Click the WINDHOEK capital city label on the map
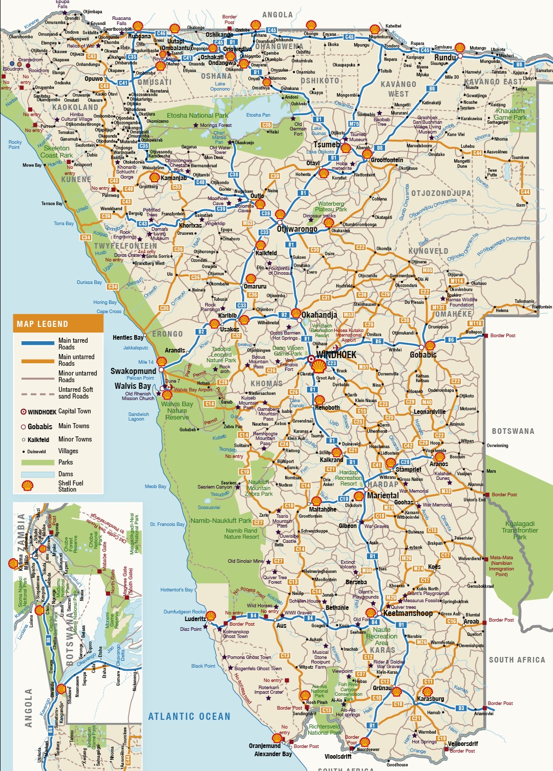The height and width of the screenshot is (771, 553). click(336, 355)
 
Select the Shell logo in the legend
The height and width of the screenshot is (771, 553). click(28, 486)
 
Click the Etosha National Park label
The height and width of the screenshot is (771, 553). click(198, 116)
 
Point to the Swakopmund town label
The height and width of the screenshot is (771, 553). click(133, 371)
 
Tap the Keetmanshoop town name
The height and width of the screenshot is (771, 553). click(408, 613)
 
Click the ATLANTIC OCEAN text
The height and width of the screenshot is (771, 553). click(189, 716)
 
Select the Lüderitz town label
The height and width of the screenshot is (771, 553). click(195, 619)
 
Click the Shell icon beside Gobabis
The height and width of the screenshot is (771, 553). click(430, 345)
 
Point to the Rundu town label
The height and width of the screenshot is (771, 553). click(445, 57)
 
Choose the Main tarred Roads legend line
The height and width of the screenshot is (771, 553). click(37, 343)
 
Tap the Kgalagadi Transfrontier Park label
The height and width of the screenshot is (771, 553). click(520, 530)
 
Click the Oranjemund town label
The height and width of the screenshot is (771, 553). click(265, 745)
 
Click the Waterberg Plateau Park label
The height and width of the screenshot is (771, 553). click(331, 206)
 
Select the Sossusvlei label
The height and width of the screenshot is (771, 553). click(209, 508)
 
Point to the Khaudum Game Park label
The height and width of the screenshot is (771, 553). click(510, 114)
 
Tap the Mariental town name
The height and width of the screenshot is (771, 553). click(382, 495)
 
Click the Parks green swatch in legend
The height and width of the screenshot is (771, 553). click(37, 462)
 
